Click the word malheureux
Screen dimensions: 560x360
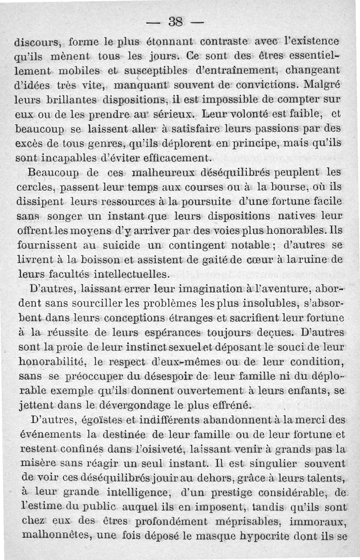click(x=164, y=173)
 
